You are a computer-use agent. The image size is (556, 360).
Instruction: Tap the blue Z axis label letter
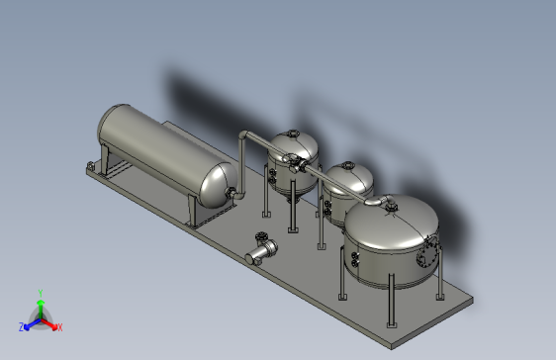tap(22, 326)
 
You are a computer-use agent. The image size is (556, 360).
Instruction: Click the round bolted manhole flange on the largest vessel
tap(427, 254)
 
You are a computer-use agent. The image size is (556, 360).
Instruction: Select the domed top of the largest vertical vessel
tap(391, 223)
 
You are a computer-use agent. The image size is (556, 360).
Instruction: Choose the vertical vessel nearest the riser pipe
tap(295, 158)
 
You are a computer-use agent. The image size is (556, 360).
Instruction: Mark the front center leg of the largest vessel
tap(391, 302)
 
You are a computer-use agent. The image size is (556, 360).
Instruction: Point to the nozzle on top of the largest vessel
tap(389, 205)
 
